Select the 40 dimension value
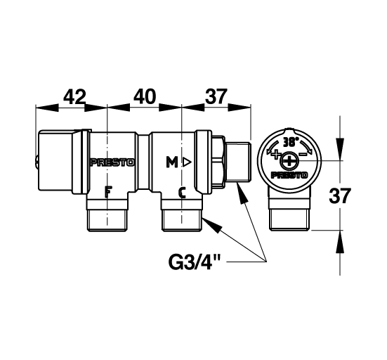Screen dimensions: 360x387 pos(144,96)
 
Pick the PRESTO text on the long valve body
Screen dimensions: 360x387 pos(112,162)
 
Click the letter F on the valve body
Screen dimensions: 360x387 pos(107,191)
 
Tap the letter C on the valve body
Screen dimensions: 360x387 pos(181,191)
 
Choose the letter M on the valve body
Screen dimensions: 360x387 pos(171,162)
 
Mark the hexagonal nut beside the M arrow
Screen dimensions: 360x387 pos(218,162)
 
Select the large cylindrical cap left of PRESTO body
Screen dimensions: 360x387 pos(61,162)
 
